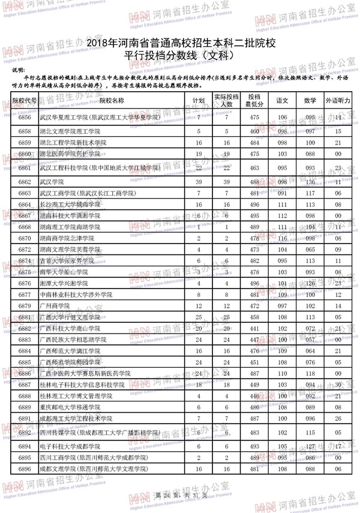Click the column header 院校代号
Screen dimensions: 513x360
pyautogui.click(x=25, y=100)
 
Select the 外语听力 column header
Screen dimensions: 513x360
pyautogui.click(x=338, y=100)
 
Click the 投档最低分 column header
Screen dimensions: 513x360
pyautogui.click(x=254, y=100)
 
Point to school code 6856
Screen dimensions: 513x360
pyautogui.click(x=25, y=116)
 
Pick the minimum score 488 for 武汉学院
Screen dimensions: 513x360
pyautogui.click(x=254, y=181)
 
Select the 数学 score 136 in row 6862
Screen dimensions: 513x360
pyautogui.click(x=310, y=181)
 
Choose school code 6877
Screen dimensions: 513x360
pyautogui.click(x=25, y=295)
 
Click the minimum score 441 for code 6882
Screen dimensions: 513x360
pyautogui.click(x=254, y=328)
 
